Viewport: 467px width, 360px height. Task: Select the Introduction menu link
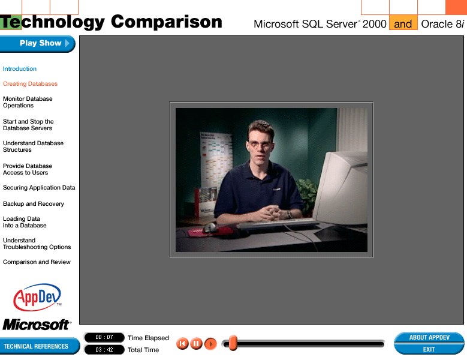coord(20,69)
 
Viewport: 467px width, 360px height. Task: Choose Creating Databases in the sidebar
coord(30,84)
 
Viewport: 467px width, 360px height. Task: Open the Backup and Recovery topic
coord(34,204)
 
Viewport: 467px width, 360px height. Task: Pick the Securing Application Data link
coord(39,187)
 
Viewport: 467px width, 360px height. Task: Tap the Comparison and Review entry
coord(37,262)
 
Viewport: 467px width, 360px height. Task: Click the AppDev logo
coord(37,297)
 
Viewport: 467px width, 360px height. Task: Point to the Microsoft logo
coord(37,325)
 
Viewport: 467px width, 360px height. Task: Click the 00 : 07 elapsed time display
coord(104,337)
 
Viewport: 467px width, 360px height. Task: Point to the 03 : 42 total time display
coord(104,350)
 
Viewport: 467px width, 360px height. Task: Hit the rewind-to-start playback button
coord(182,344)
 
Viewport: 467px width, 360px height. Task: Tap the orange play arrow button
coord(210,344)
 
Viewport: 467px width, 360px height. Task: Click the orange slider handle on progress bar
coord(233,343)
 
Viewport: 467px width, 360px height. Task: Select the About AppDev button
coord(429,337)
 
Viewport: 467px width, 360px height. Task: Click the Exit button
coord(429,349)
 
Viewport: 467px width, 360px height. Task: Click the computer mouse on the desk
coord(210,227)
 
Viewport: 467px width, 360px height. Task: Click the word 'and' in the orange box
coord(403,24)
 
